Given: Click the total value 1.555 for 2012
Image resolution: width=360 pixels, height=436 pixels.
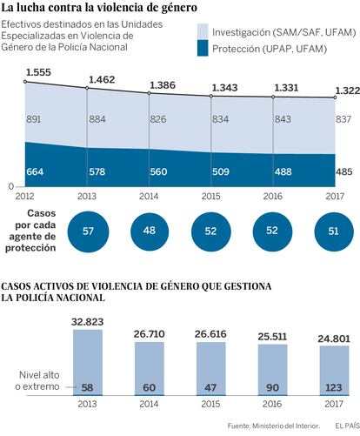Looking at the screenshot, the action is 38,72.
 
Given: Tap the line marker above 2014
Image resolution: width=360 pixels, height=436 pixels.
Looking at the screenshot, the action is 150,93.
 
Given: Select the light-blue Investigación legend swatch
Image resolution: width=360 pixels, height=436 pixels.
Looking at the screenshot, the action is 203,31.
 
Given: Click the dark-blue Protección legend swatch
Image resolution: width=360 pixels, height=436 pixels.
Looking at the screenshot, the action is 203,48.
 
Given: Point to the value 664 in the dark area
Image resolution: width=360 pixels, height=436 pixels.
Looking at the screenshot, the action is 35,171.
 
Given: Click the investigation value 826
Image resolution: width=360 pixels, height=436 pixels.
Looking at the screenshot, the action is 158,119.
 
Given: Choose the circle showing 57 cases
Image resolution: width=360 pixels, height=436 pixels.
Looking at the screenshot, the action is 88,231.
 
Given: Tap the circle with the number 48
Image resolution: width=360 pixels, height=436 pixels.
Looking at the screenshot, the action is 150,231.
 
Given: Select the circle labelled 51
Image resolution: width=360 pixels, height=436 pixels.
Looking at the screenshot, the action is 334,231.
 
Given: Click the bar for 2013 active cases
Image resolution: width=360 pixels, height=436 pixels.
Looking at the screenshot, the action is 88,363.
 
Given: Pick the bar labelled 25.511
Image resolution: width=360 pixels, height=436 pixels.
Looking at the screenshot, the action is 272,370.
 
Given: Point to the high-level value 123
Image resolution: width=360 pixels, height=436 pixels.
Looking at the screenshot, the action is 334,387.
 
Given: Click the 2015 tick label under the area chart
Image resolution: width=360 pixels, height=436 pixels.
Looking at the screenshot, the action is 211,197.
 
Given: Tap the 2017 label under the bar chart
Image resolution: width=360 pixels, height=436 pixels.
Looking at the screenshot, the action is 334,404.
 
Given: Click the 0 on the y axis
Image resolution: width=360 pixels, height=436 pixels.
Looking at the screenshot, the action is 11,186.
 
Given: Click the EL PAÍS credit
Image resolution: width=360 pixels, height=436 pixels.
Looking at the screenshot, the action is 347,426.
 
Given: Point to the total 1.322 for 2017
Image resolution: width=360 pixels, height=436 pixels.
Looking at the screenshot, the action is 348,91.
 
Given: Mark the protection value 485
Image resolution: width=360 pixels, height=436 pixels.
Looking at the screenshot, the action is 344,171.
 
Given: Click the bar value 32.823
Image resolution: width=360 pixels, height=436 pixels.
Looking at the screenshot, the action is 88,322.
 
